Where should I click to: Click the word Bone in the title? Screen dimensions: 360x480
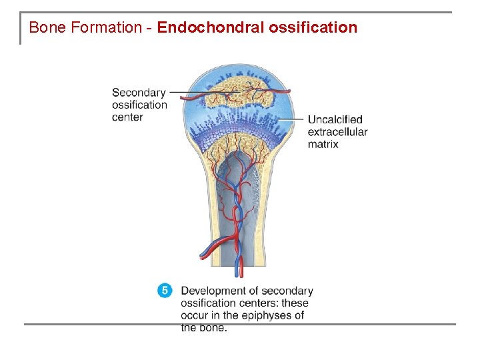click(45, 28)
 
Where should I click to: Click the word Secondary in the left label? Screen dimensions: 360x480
click(139, 93)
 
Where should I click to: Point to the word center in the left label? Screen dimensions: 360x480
click(127, 117)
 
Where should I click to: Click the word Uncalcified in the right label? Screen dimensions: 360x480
click(335, 120)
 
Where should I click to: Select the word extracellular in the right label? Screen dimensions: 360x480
click(337, 132)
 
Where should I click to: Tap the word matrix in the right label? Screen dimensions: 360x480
click(323, 144)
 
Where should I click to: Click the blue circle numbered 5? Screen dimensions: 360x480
click(165, 291)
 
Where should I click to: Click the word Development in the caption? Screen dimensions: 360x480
click(219, 291)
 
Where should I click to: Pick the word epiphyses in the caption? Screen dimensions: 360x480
click(269, 315)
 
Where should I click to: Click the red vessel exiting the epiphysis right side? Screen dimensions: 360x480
click(285, 91)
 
